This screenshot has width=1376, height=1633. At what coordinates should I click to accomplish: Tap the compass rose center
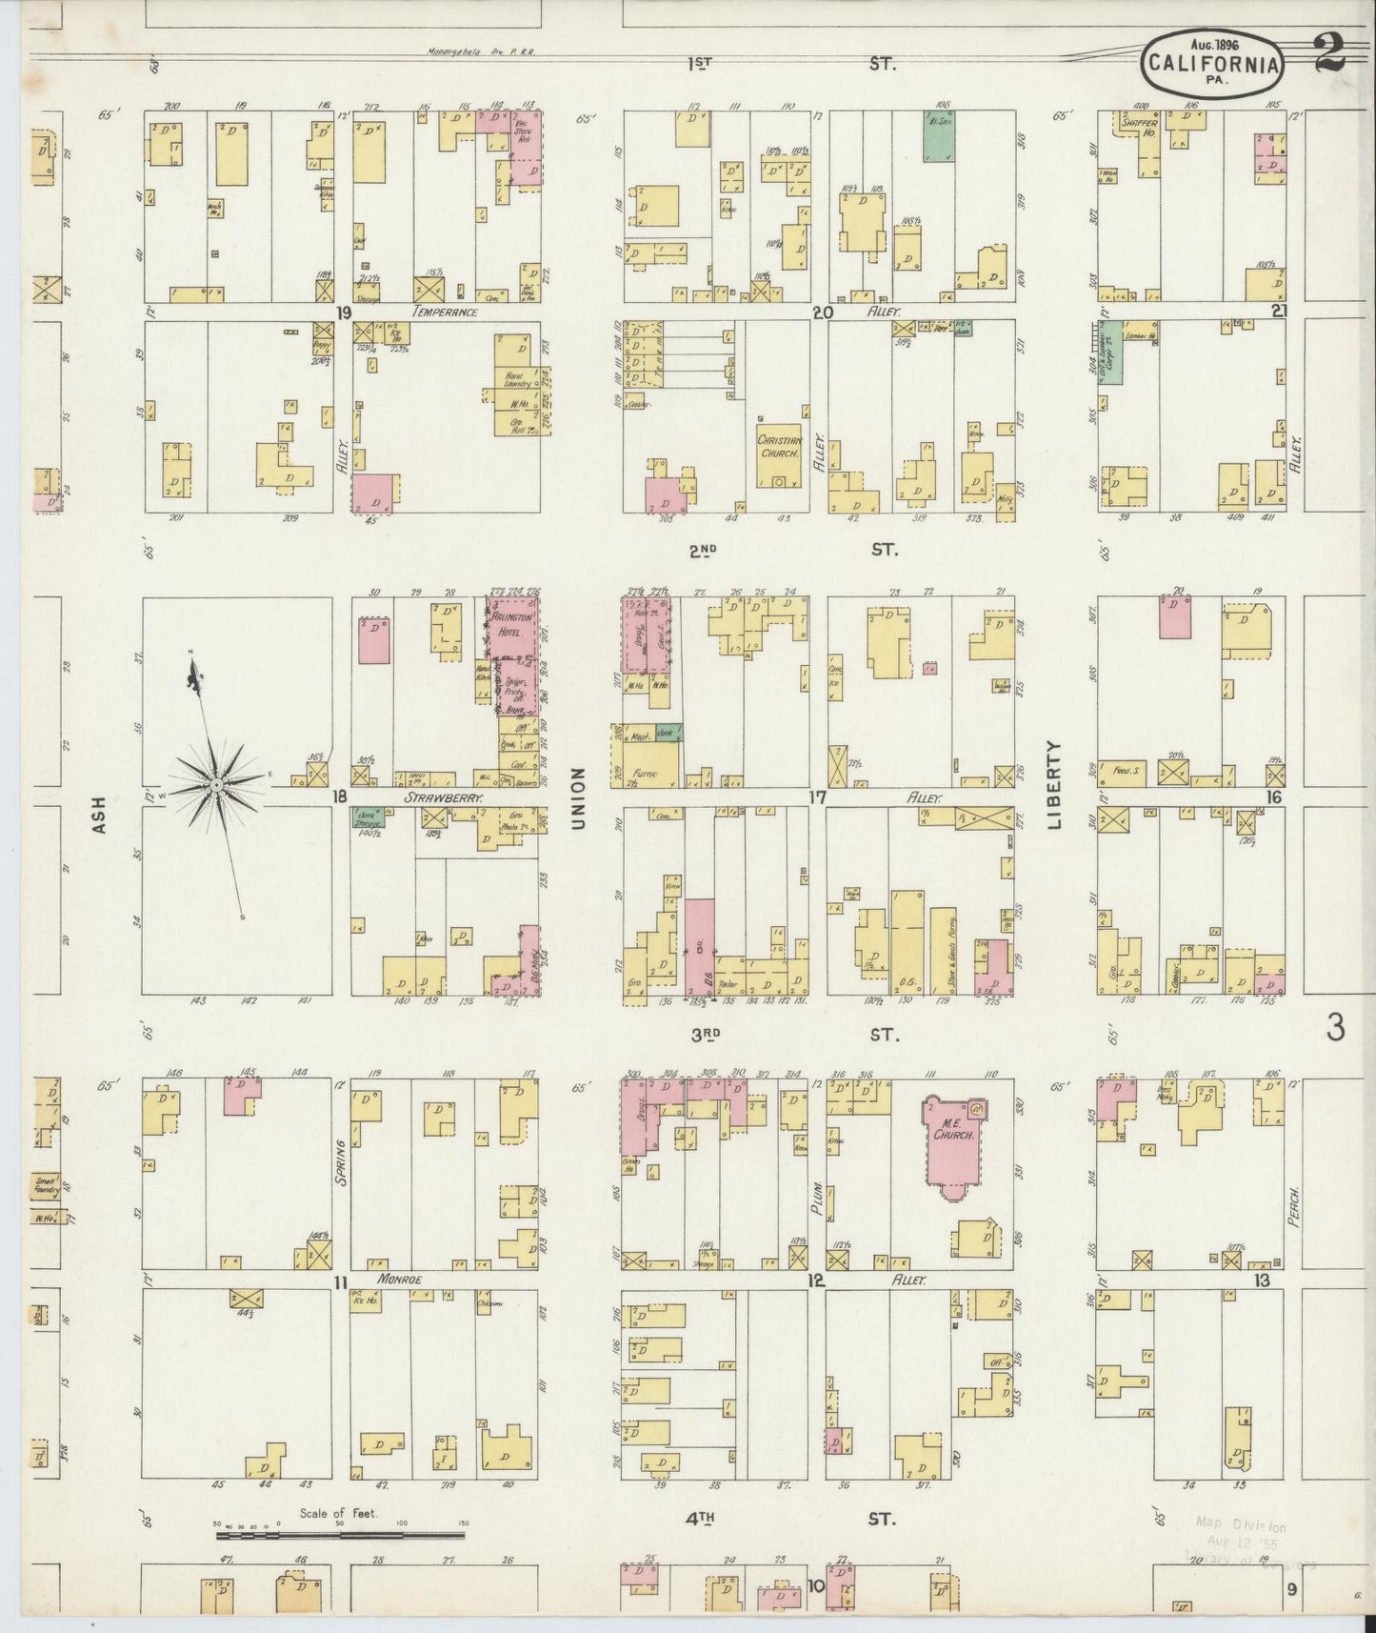[216, 784]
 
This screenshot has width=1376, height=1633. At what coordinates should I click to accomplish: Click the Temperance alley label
[445, 312]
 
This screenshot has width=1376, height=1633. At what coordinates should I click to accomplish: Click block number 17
[816, 796]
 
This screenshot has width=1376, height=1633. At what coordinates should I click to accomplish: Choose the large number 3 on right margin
[1336, 1028]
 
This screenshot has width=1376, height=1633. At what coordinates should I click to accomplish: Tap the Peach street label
[1294, 1205]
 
